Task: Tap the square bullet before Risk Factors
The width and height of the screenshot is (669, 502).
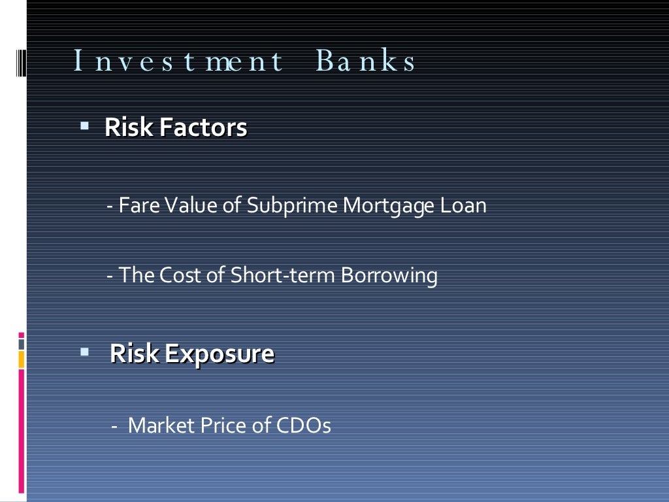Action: point(84,124)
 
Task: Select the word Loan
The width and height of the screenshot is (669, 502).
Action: point(463,206)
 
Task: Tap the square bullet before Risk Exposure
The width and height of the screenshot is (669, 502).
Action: point(84,351)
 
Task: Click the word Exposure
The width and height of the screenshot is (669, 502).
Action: point(219,355)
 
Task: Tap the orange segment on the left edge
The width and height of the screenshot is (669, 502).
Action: point(21,360)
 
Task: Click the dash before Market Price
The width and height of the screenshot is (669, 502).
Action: point(114,426)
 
